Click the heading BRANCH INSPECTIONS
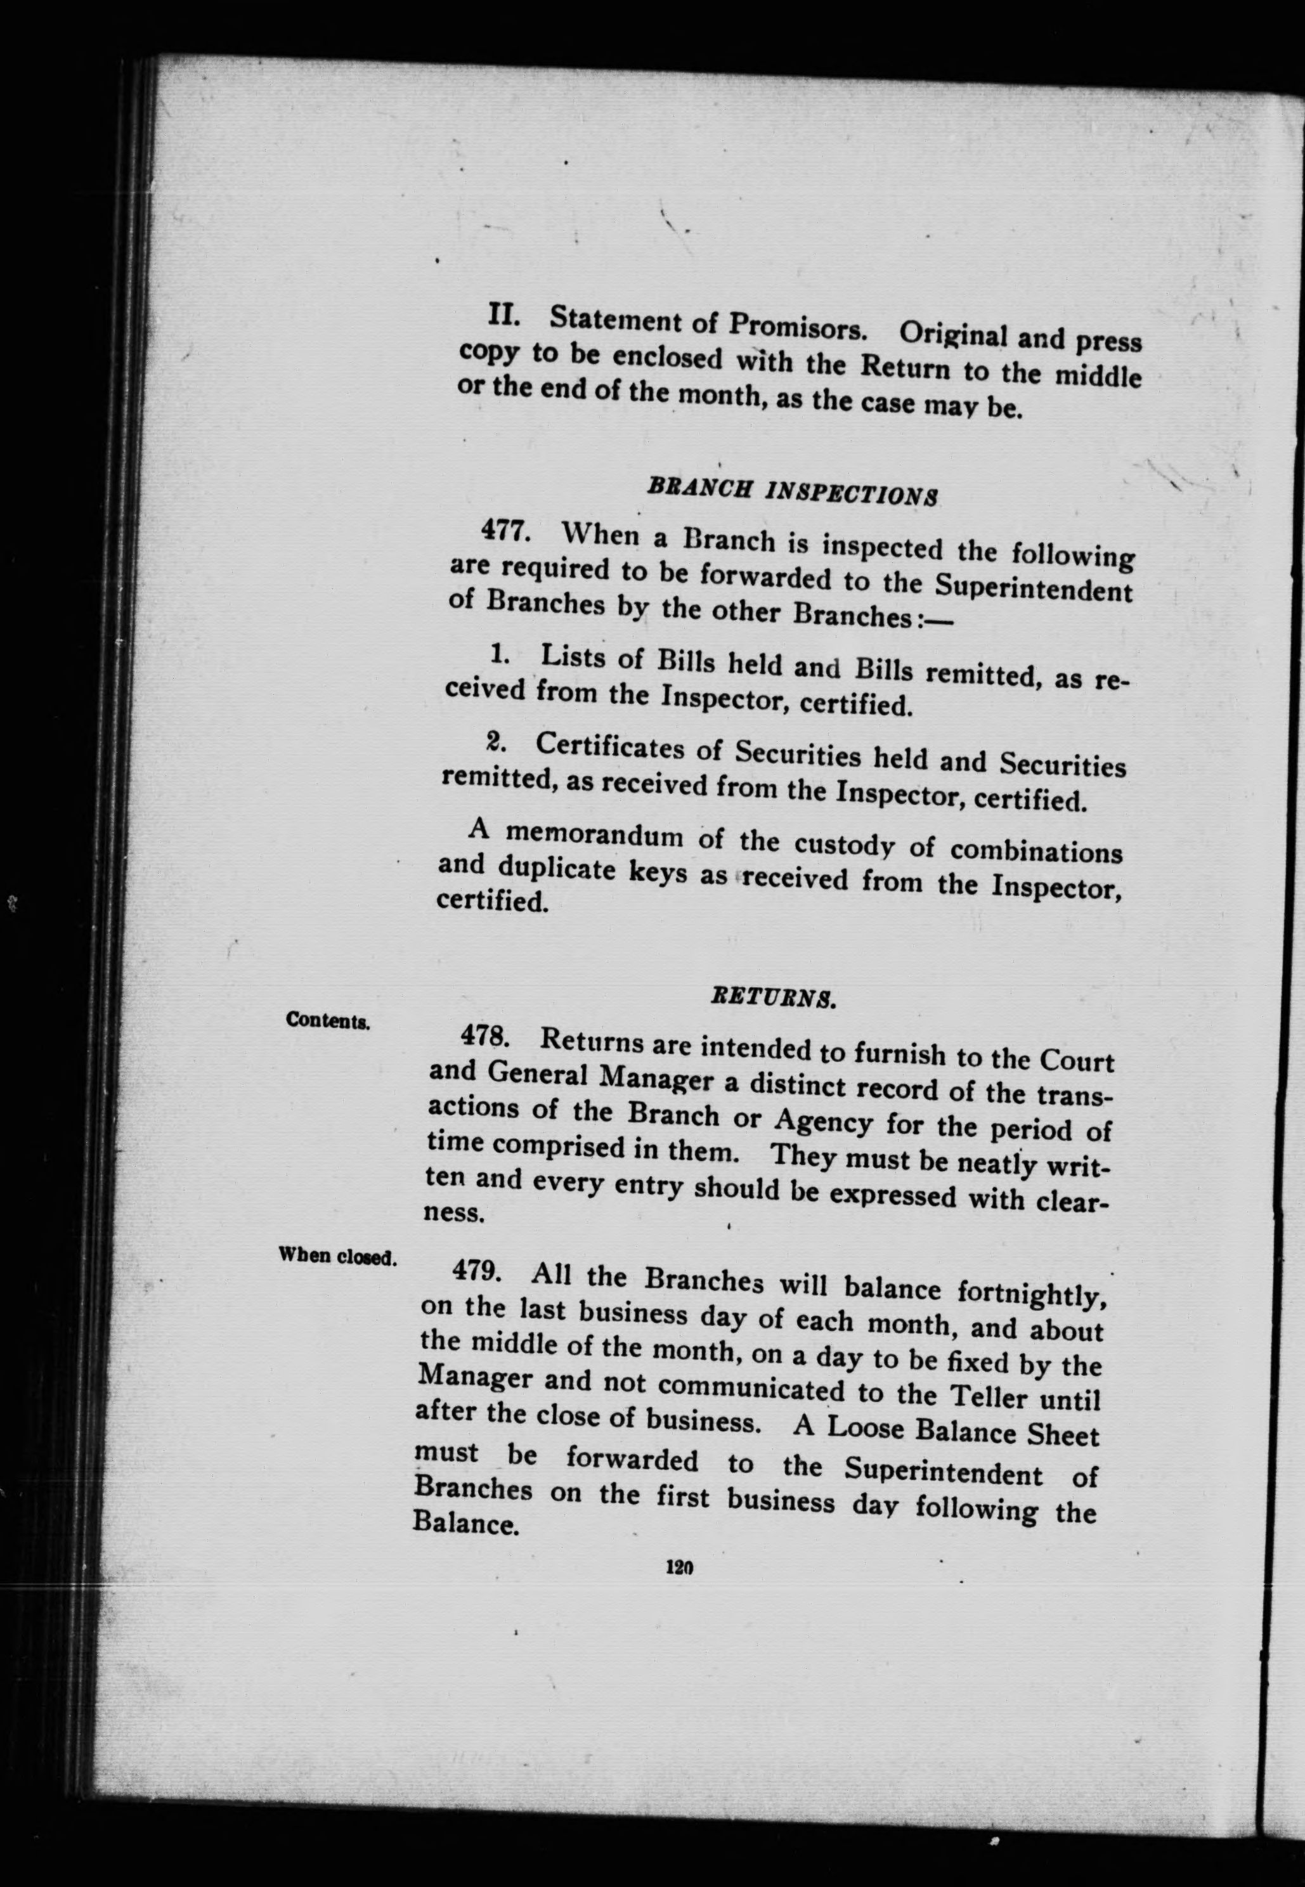(x=791, y=493)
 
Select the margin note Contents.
(x=328, y=1020)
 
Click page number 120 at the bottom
(x=680, y=1567)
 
